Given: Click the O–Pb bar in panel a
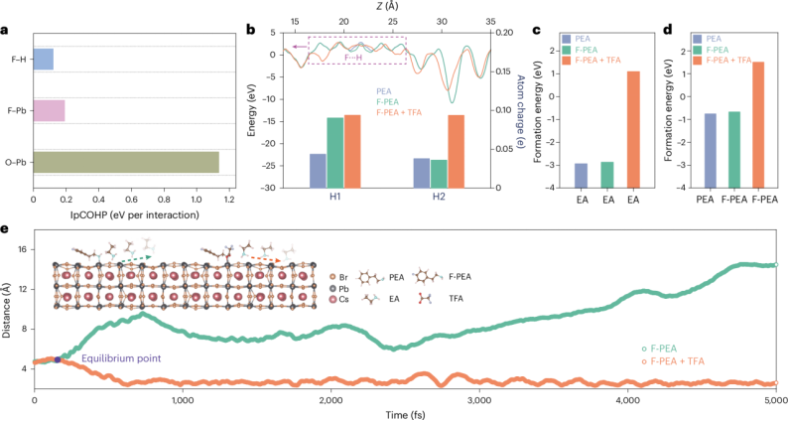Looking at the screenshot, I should tap(126, 161).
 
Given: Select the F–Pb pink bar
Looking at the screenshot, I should tap(49, 109).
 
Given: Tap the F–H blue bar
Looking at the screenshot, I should tap(44, 60).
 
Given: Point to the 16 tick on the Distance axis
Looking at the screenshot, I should tap(26, 249).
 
